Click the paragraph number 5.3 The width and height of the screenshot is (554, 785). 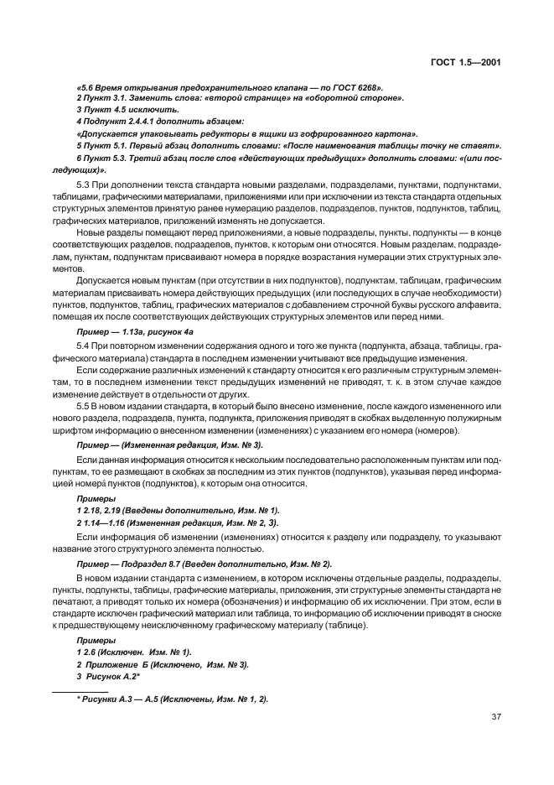point(83,185)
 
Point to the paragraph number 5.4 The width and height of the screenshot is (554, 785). point(83,346)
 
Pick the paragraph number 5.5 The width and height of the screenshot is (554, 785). point(83,406)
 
